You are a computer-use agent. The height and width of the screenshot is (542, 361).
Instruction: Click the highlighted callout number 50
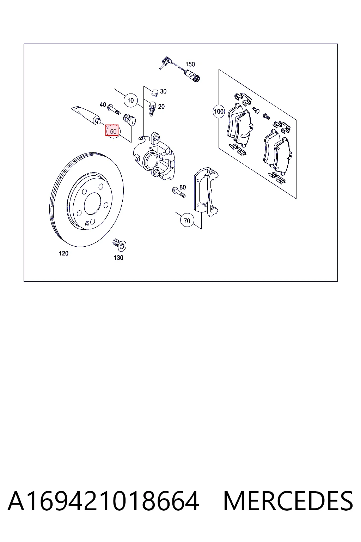pos(113,131)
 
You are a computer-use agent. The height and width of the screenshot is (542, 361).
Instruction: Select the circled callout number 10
pos(130,101)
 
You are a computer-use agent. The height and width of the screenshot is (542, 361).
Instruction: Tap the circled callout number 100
pos(219,112)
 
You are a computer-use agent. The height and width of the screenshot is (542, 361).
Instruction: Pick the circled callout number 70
pos(187,221)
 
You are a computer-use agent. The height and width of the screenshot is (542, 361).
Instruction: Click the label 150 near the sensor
pos(190,64)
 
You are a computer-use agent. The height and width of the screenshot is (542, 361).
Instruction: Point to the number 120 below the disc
pos(63,253)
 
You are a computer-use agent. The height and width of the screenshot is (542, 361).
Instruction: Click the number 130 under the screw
pos(118,258)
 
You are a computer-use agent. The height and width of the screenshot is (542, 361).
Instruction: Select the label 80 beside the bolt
pos(183,187)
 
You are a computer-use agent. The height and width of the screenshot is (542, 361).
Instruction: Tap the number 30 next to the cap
pos(163,91)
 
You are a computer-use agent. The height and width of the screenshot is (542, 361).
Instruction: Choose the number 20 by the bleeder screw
pos(161,107)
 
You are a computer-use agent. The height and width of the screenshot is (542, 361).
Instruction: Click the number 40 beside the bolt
pos(103,104)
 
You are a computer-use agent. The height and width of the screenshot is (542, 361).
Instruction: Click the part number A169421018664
pos(103,501)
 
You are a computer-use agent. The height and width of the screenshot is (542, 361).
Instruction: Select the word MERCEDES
pos(288,501)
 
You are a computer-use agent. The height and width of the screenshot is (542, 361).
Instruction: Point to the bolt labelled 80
pos(179,192)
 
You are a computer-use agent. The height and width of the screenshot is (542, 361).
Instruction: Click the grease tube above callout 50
pos(86,115)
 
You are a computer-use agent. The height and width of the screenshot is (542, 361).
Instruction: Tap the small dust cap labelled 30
pos(154,92)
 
